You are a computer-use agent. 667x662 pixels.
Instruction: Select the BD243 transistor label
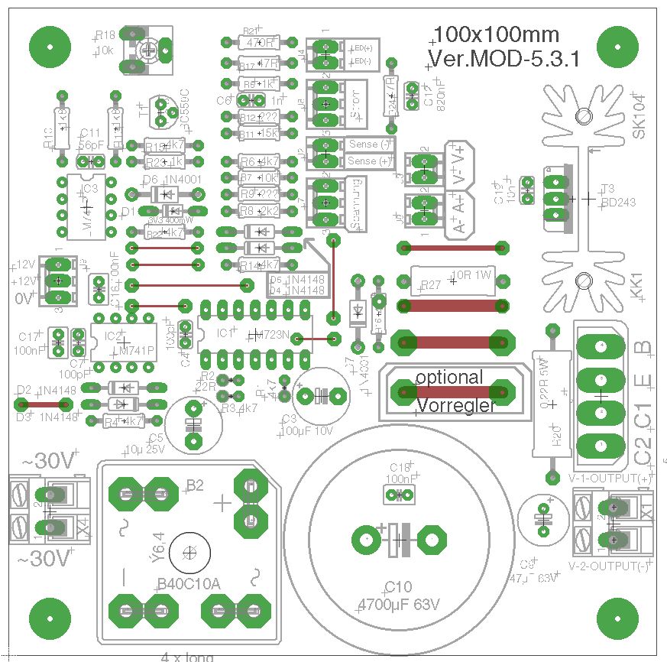click(x=618, y=203)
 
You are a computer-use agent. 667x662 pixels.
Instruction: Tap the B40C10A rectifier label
click(x=188, y=584)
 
